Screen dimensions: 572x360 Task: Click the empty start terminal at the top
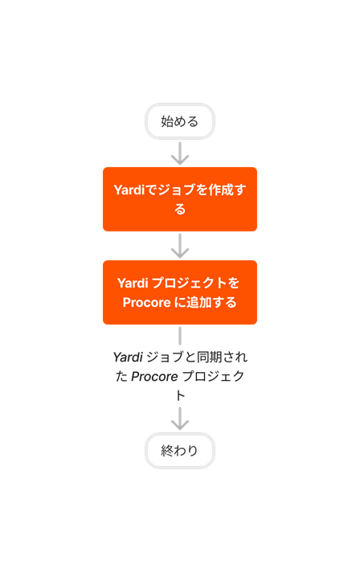coord(180,121)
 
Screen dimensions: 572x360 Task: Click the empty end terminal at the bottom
coord(180,450)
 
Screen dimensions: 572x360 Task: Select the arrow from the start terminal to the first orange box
coord(180,153)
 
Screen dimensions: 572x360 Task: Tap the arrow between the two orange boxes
coord(180,245)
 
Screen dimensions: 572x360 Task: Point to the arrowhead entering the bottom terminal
coord(180,423)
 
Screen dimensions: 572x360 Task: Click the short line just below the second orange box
coord(180,335)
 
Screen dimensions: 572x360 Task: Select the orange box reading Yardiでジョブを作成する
coord(180,199)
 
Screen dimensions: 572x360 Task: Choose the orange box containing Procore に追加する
coord(180,292)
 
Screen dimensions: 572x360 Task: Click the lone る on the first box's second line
coord(180,209)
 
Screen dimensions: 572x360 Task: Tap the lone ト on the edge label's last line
coord(180,395)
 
